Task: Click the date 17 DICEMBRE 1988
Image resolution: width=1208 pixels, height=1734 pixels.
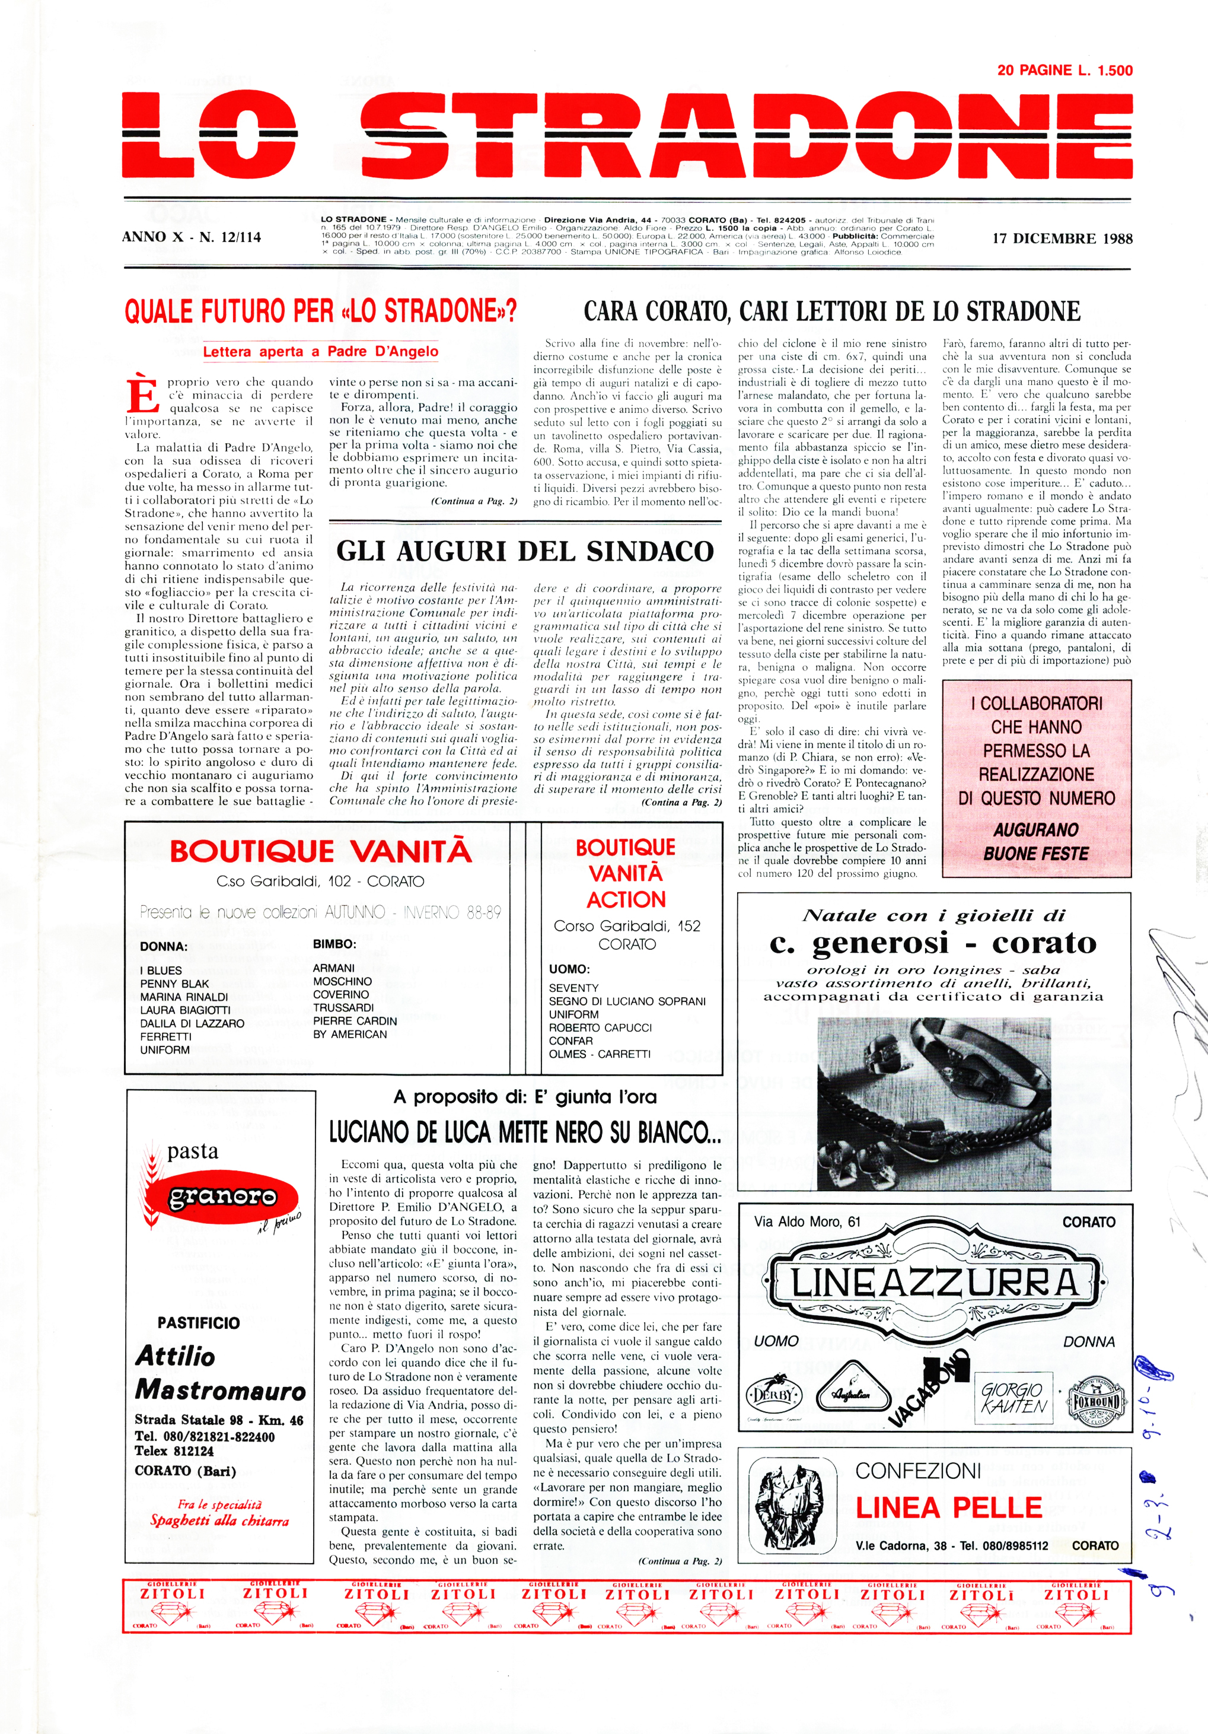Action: click(1062, 238)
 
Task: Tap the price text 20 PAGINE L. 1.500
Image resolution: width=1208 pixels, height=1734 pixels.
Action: click(1064, 70)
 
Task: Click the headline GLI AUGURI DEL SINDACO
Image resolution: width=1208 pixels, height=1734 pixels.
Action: click(525, 551)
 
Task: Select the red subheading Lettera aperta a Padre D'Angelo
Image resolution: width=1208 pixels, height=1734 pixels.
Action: click(320, 351)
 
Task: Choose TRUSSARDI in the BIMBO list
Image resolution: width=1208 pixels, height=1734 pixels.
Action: click(343, 1007)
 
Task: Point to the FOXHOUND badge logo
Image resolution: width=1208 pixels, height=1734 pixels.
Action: click(1097, 1402)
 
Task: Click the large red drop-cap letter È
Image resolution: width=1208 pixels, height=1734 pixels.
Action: click(143, 396)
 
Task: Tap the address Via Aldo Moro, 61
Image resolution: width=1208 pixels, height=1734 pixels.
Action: click(807, 1221)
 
